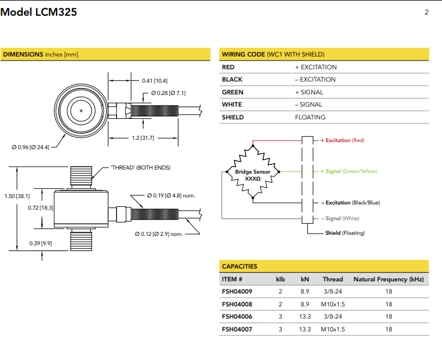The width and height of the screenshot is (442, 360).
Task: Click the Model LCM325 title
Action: (38, 12)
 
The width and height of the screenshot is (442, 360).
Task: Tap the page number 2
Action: (426, 12)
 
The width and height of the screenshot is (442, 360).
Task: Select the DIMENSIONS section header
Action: (40, 54)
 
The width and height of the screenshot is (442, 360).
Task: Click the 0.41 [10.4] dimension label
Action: (155, 80)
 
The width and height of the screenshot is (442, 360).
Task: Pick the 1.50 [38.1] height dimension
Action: (17, 196)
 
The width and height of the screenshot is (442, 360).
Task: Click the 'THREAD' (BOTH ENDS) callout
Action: (141, 168)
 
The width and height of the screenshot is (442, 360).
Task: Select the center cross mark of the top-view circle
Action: (81, 110)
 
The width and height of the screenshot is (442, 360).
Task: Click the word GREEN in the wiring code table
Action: (233, 92)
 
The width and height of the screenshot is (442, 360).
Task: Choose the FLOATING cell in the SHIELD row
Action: (310, 117)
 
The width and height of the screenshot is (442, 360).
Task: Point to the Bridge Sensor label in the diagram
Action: (253, 172)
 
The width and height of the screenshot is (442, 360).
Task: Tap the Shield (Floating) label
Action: (345, 233)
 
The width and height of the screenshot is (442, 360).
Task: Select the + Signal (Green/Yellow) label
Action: (348, 171)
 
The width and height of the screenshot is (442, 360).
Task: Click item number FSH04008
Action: (237, 304)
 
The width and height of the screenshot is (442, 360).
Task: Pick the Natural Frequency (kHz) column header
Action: (388, 279)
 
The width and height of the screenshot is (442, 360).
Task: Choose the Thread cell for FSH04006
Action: (333, 316)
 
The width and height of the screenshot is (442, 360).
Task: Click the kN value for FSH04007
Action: (305, 329)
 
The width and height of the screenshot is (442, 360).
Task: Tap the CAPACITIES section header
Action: (239, 266)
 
